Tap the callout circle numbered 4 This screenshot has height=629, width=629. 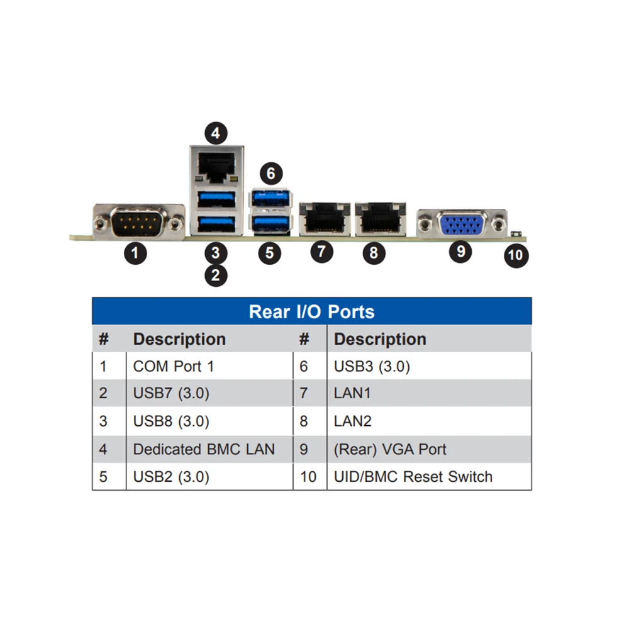216,133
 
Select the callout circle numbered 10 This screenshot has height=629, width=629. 515,255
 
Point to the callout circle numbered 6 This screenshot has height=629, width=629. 270,173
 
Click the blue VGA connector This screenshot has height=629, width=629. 461,224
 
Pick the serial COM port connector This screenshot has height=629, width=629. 138,221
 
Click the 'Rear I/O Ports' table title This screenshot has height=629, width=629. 311,311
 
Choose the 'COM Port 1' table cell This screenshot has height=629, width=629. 173,366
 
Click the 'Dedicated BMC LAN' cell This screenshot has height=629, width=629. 204,449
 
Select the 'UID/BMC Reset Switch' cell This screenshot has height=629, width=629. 413,477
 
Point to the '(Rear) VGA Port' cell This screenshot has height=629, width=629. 390,449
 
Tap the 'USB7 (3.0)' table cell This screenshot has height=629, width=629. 171,394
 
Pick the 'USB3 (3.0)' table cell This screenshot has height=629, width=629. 372,366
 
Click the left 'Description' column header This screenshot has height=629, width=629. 179,339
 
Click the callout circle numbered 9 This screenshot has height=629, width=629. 460,252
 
